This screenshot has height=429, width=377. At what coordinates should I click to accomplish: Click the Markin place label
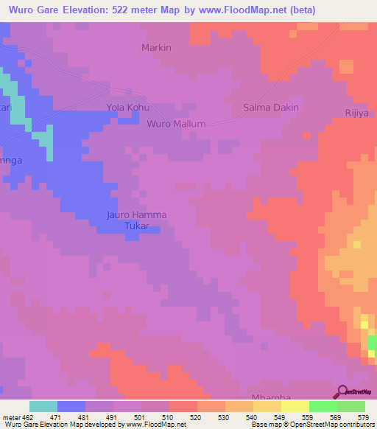coord(156,48)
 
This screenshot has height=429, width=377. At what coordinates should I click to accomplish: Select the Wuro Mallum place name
coord(176,124)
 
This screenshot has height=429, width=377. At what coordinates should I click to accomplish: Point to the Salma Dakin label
coord(270,108)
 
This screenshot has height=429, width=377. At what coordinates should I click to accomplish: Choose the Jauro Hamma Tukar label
coord(137,220)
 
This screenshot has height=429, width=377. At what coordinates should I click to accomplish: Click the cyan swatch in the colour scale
coord(43,406)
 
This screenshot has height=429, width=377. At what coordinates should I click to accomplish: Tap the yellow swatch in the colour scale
coord(294,406)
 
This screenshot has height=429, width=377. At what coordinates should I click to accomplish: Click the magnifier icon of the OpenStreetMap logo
coord(341,391)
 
